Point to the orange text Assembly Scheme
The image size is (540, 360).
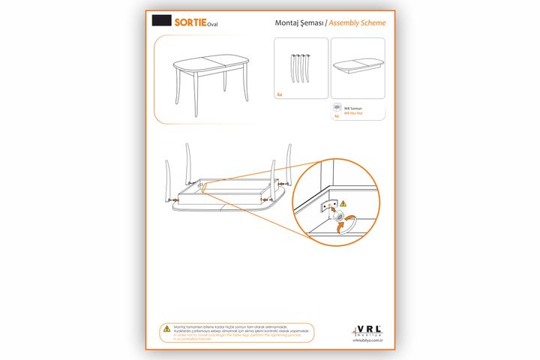(x=359, y=22)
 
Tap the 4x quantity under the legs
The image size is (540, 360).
(x=279, y=95)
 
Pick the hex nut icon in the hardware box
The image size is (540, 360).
(x=337, y=108)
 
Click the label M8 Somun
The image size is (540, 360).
(x=352, y=108)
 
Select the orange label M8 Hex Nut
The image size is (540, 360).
(x=353, y=112)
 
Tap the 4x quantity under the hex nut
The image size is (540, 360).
(x=337, y=117)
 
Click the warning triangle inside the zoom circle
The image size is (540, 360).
(x=343, y=203)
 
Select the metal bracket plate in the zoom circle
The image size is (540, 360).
(x=328, y=206)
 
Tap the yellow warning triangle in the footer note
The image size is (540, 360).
(x=166, y=328)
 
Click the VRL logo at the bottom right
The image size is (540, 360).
(x=367, y=331)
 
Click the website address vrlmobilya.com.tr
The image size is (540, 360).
(x=367, y=340)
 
